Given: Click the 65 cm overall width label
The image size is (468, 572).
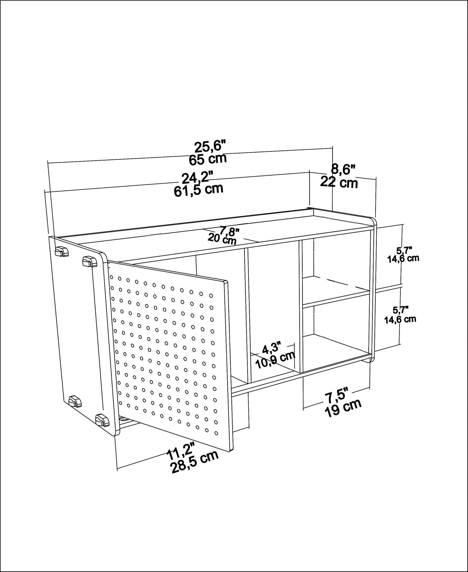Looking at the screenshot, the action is click(x=208, y=159).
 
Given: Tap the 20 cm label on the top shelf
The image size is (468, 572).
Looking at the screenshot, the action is click(x=222, y=238).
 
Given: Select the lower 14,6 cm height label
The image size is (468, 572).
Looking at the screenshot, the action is click(x=400, y=319).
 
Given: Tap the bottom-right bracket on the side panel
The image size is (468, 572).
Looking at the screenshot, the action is click(x=102, y=428).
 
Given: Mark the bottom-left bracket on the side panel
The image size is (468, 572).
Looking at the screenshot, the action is click(x=75, y=401).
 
